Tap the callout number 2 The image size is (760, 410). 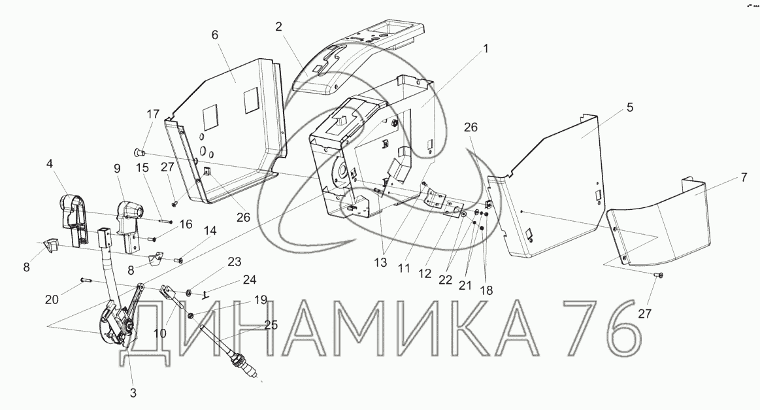tap(278, 27)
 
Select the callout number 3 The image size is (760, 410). tap(133, 393)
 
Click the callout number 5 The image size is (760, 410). tap(629, 107)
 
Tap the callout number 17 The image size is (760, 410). tap(152, 115)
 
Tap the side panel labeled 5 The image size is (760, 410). tap(562, 183)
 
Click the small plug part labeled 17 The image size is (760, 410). tap(139, 152)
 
